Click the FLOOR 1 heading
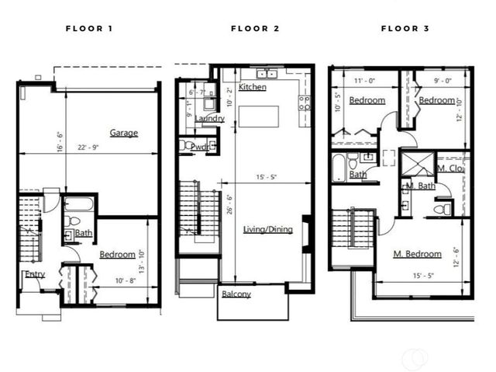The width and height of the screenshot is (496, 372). [x=89, y=29]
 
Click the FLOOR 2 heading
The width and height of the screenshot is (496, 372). [x=254, y=29]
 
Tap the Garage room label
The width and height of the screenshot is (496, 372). [x=123, y=133]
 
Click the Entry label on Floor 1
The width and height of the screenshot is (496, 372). [x=35, y=274]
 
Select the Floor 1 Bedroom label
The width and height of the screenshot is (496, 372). [x=118, y=254]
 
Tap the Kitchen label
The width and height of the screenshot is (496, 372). [x=253, y=87]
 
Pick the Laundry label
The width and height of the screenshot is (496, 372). [x=209, y=119]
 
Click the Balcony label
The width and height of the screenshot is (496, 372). [x=236, y=294]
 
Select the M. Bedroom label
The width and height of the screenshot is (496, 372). [x=417, y=254]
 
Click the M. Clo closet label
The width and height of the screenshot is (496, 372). [x=449, y=168]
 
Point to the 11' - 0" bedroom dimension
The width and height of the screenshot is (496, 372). [x=364, y=79]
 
